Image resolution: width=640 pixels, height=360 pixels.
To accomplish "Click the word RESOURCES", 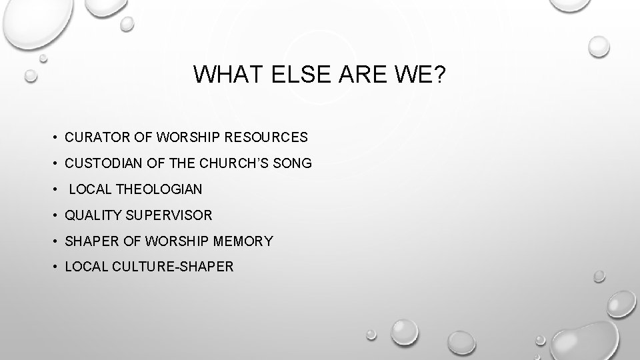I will pos(271,137).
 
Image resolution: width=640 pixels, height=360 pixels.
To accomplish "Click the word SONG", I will pos(294,163).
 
